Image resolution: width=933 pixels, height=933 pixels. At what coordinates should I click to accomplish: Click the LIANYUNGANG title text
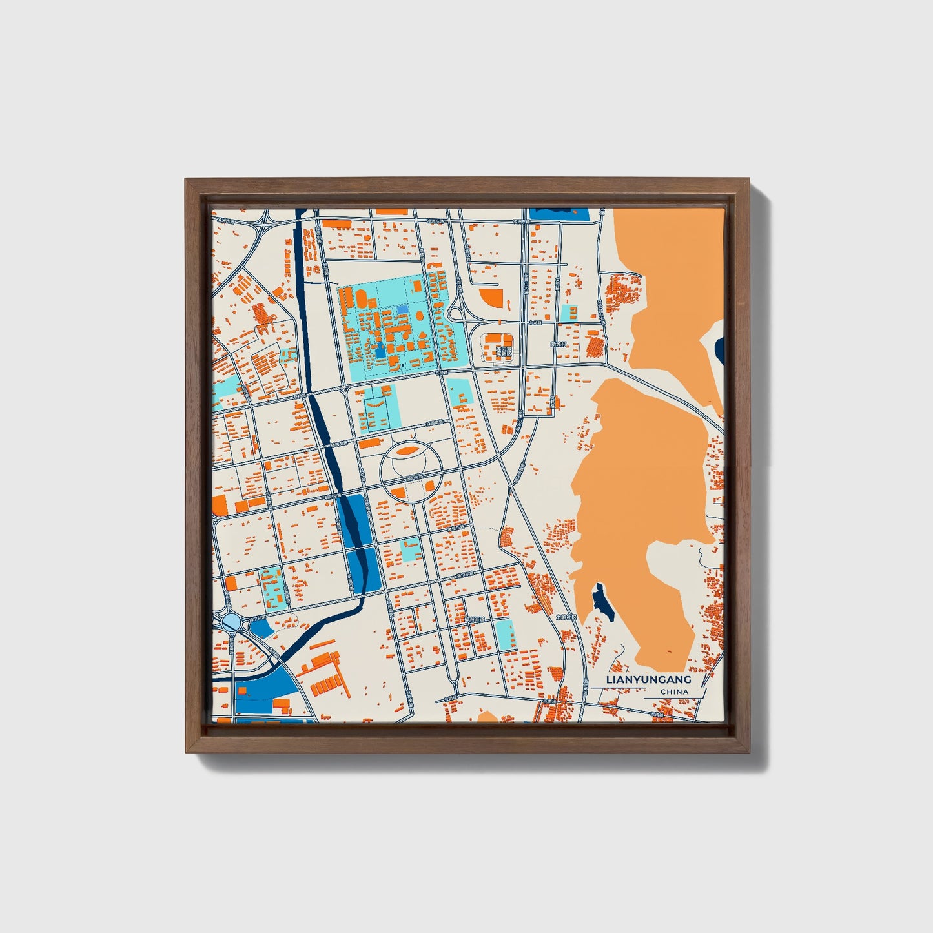coord(649,680)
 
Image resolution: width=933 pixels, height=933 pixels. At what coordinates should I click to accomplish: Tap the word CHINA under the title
coord(674,692)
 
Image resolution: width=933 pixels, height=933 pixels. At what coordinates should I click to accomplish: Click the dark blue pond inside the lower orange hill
coord(603,602)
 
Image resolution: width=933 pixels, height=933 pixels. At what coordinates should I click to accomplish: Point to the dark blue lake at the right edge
coord(720,349)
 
